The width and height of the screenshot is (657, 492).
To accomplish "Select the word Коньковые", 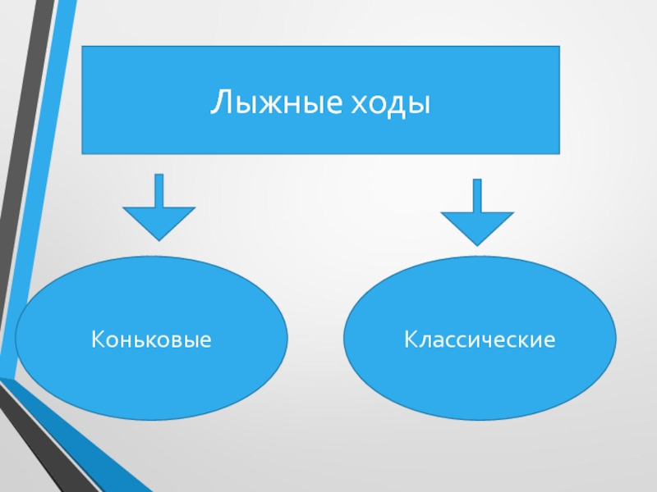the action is point(151,339).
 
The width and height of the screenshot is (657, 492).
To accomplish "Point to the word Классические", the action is point(479,339).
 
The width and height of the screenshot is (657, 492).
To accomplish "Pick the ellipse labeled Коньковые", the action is point(151,369).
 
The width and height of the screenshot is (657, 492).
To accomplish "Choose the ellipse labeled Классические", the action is point(479,377).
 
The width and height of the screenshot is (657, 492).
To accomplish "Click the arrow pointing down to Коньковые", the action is point(159,209).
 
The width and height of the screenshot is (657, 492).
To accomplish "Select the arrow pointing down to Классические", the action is point(477,215).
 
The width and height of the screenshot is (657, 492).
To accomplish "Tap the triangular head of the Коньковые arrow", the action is point(159,222).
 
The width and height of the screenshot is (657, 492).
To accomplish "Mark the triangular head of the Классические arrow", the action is point(477,228).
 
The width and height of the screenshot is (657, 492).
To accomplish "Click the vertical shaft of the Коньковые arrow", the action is point(159,189).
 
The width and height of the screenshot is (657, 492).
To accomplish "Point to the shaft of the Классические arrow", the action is point(477,195).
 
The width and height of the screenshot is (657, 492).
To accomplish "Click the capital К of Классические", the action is point(408,339).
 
